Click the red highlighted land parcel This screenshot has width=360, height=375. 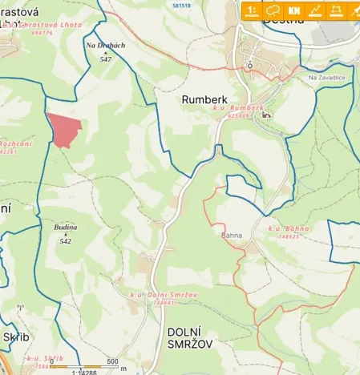click(x=64, y=129)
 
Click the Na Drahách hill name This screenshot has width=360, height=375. click(x=106, y=46)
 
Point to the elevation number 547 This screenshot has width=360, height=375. click(x=106, y=59)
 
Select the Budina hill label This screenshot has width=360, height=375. click(x=66, y=228)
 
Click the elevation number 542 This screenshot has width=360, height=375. click(x=66, y=240)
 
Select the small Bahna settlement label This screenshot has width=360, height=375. click(x=231, y=236)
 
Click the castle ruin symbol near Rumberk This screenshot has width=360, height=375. click(x=266, y=114)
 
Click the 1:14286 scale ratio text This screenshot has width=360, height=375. click(x=84, y=371)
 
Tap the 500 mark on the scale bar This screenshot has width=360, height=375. click(x=112, y=361)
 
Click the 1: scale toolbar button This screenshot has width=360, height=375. click(x=252, y=10)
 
